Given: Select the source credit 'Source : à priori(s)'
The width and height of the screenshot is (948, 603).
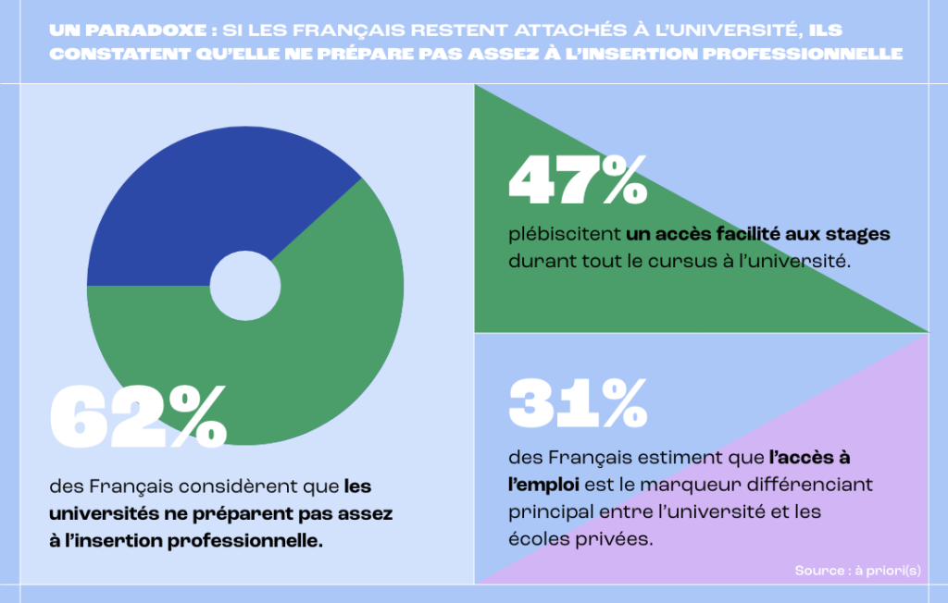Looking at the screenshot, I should pyautogui.click(x=857, y=571).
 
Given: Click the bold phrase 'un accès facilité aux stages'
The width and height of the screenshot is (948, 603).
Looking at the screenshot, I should pyautogui.click(x=758, y=234).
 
